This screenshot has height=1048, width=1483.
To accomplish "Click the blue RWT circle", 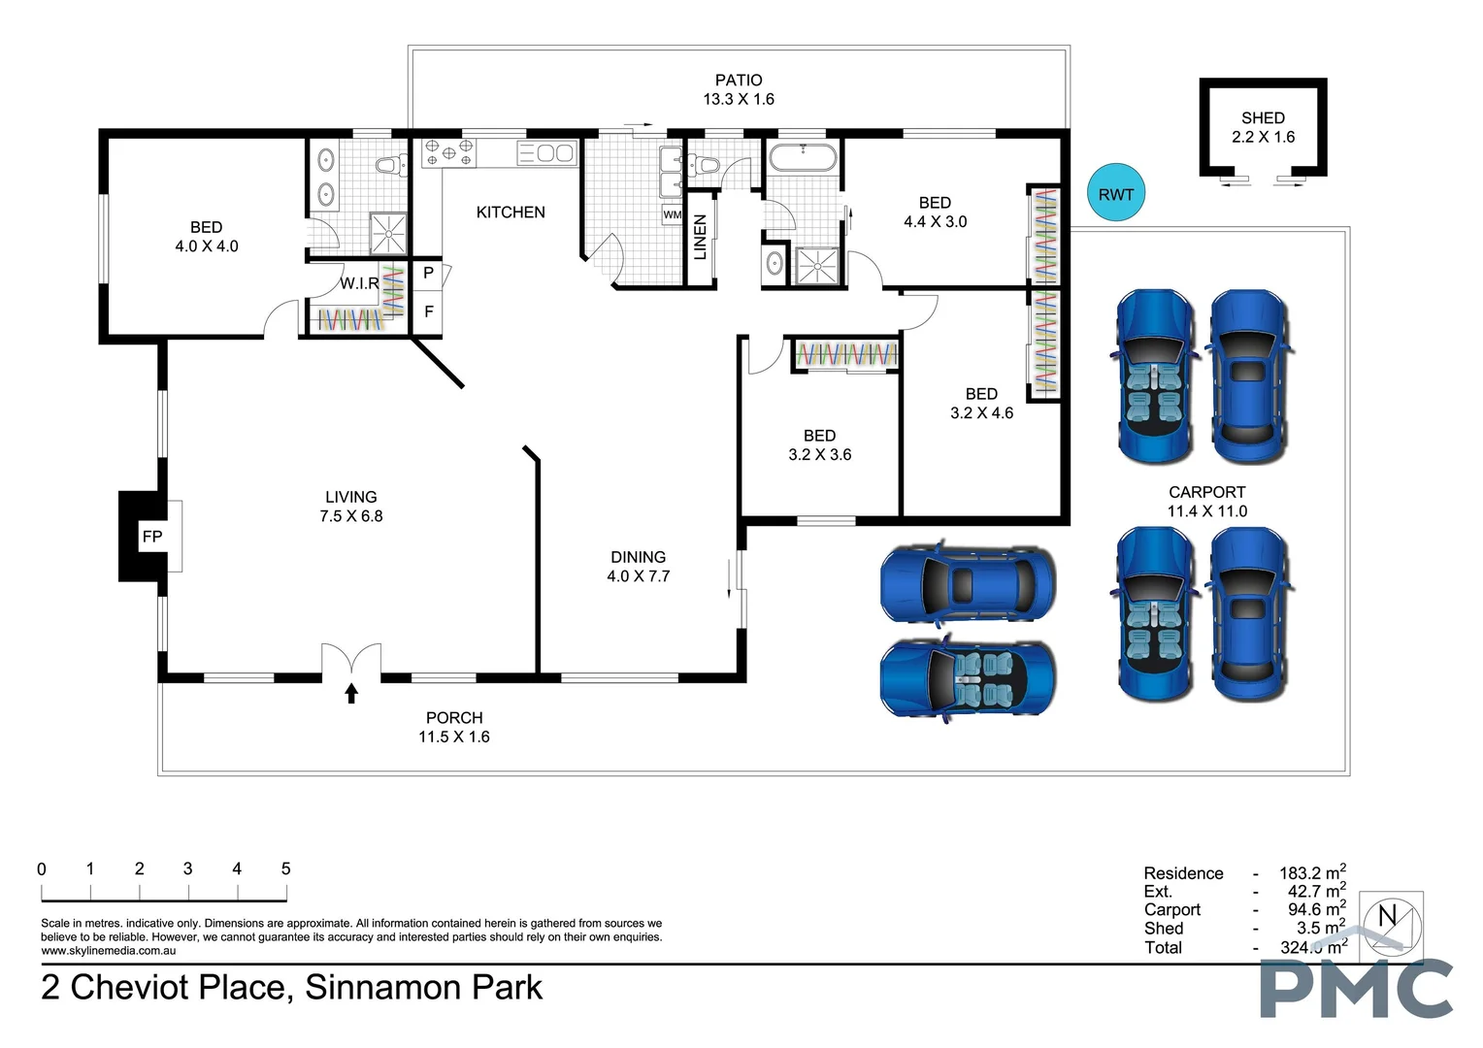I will (1115, 194).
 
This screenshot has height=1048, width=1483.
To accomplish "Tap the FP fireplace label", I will (151, 537).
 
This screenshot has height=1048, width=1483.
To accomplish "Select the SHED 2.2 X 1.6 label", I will (1263, 127).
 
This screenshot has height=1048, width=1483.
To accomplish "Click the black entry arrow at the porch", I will (351, 693).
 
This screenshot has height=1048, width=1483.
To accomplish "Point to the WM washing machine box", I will (672, 214).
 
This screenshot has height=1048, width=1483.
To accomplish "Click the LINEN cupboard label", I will (700, 237).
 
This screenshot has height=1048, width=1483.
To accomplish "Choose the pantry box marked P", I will (428, 275).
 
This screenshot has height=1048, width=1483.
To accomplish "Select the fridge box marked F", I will (428, 311).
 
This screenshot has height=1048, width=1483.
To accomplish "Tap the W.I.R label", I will (359, 283).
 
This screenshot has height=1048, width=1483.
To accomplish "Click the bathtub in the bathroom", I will (803, 157).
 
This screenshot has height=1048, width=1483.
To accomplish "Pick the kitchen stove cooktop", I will (448, 152).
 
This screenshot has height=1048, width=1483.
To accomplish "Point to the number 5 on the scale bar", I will (285, 868).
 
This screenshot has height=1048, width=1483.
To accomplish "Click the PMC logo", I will (1356, 987).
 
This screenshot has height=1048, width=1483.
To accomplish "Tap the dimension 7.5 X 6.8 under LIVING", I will (351, 516).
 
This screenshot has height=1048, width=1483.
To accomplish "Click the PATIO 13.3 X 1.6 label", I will (739, 89).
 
